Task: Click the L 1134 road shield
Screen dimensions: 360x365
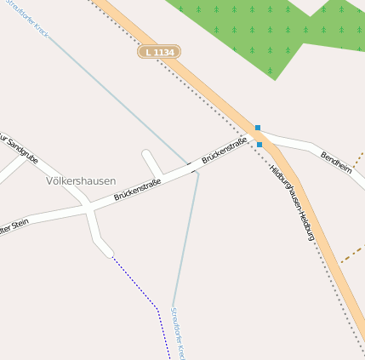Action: tap(159, 53)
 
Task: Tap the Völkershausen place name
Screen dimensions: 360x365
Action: tap(81, 181)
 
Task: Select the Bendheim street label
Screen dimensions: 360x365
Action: tap(336, 163)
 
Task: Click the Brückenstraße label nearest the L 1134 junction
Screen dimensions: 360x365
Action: tap(225, 150)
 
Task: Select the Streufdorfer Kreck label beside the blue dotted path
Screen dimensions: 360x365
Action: tap(177, 333)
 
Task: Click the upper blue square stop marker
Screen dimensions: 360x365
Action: tap(258, 128)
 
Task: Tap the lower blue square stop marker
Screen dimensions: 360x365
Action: tap(259, 145)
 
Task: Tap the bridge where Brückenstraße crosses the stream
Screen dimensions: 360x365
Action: tap(195, 169)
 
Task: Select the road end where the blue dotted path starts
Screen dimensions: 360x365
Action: tap(109, 252)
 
